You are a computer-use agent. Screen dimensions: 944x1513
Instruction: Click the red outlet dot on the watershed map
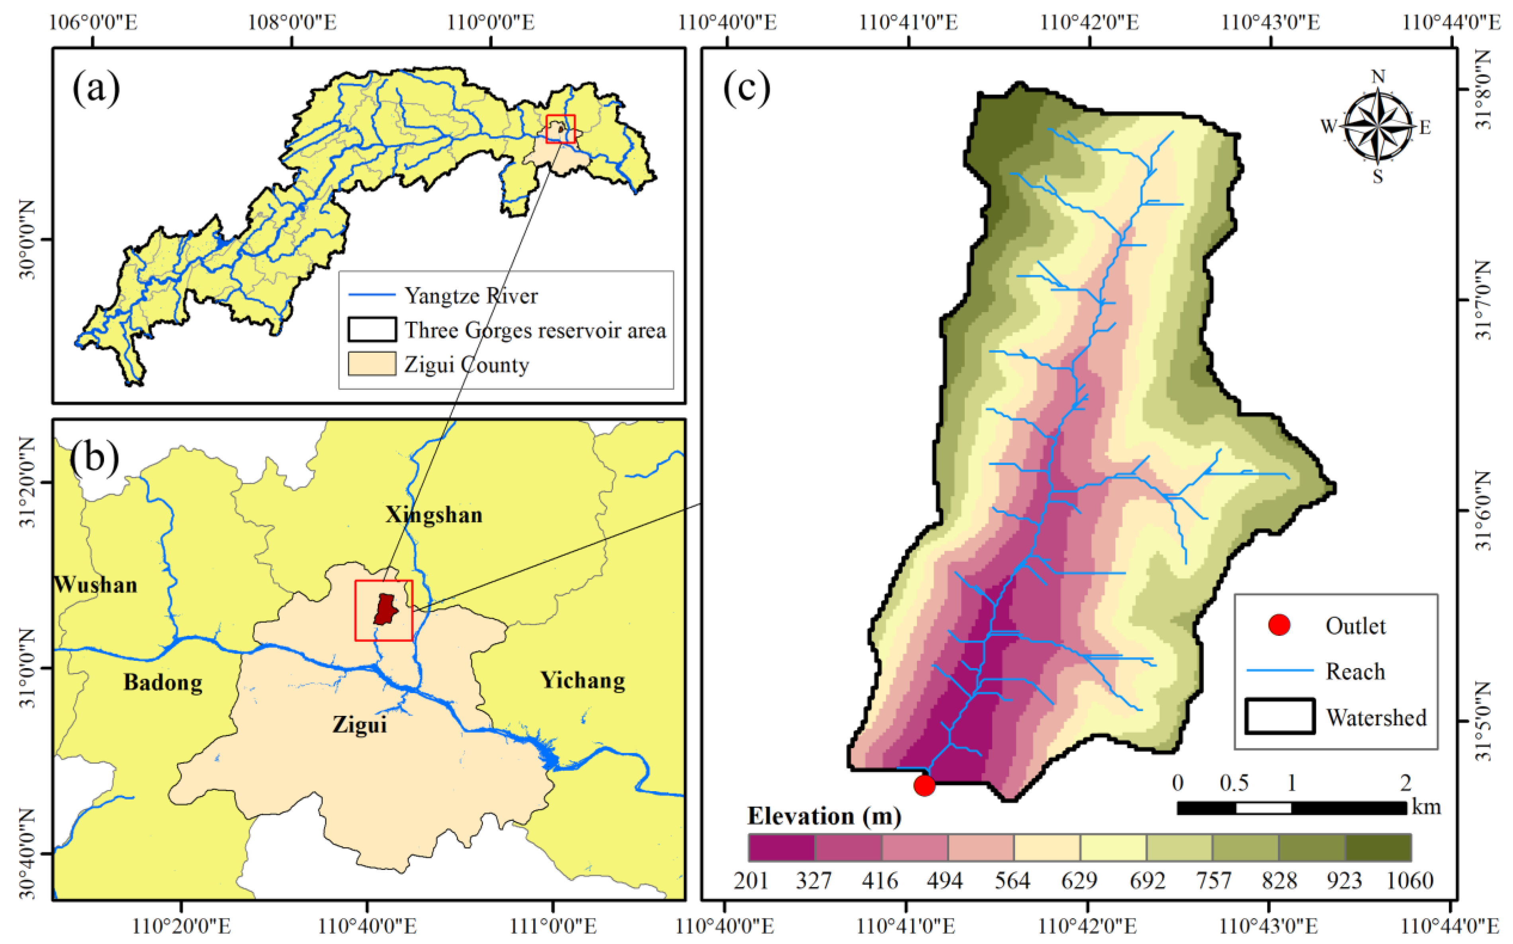point(924,785)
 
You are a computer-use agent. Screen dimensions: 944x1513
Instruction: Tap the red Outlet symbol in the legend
point(1279,625)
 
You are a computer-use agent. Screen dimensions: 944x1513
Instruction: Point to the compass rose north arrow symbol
point(1378,126)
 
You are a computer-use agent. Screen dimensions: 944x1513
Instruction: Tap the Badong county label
point(163,682)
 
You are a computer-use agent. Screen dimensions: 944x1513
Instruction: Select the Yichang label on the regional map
point(583,680)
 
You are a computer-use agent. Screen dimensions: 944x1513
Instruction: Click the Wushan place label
point(96,585)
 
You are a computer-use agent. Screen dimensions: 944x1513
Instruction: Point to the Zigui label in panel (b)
point(360,724)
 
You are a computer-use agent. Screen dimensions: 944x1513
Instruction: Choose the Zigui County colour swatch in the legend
point(371,364)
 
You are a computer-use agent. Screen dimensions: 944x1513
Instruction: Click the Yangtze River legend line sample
point(371,295)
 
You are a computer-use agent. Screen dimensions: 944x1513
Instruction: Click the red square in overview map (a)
point(561,129)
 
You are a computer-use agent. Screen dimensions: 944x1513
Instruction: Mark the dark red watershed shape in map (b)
point(385,609)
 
